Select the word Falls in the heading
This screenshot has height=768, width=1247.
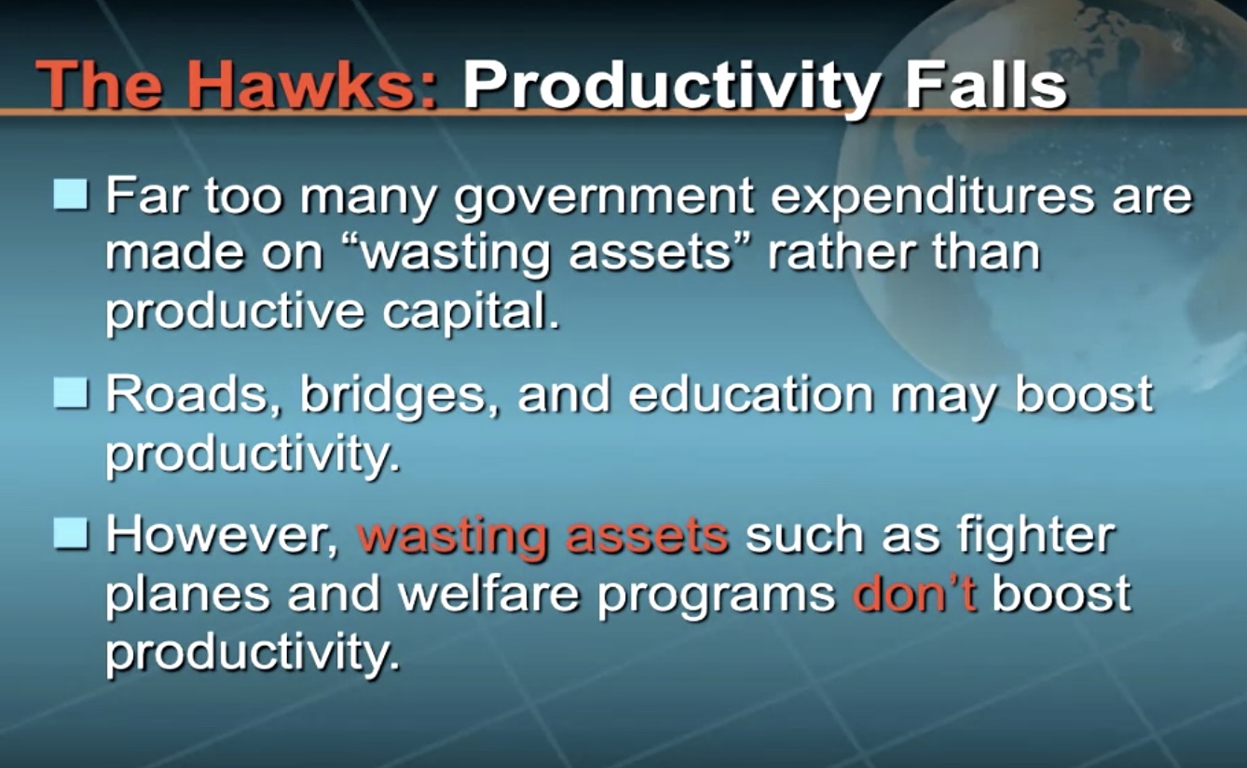[986, 85]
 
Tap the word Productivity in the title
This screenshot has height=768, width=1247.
[673, 89]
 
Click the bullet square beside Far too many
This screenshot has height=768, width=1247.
[71, 194]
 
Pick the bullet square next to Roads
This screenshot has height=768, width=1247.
[71, 392]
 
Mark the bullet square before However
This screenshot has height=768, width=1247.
[71, 533]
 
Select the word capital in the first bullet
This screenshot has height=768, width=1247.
[471, 312]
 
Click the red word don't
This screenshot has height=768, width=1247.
[914, 594]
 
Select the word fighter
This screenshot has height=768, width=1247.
[1036, 538]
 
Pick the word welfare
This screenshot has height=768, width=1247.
[489, 593]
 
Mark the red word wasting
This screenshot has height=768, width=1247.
[452, 539]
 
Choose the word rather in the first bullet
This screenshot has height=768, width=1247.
[842, 253]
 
